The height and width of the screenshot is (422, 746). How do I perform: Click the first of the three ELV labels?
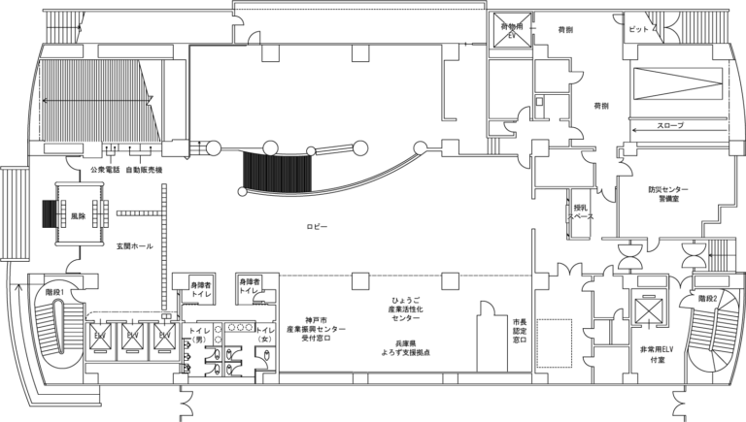pos(100,336)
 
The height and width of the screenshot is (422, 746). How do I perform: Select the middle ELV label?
pos(132,335)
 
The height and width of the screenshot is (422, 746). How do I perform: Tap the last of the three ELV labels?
pos(165,335)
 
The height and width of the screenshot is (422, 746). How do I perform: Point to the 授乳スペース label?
pos(580,211)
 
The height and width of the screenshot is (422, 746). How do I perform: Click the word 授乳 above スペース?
pos(580,207)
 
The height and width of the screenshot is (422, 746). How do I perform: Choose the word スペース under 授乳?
pos(580,216)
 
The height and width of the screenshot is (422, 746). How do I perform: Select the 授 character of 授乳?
pos(577,207)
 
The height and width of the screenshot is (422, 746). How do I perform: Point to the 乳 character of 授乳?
pos(584,207)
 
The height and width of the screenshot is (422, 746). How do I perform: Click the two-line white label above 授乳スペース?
pos(512,30)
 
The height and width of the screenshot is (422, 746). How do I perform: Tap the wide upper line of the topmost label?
pos(512,26)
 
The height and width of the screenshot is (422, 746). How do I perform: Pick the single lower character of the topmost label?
pos(512,35)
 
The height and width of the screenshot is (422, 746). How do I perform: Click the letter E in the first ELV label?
pos(96,336)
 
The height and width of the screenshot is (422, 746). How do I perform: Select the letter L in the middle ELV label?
pos(132,335)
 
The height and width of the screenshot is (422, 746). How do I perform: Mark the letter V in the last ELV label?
pos(169,335)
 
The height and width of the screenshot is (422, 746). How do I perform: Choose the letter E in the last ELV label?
pos(161,335)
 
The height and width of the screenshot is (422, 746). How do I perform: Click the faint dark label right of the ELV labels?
pos(668,348)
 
